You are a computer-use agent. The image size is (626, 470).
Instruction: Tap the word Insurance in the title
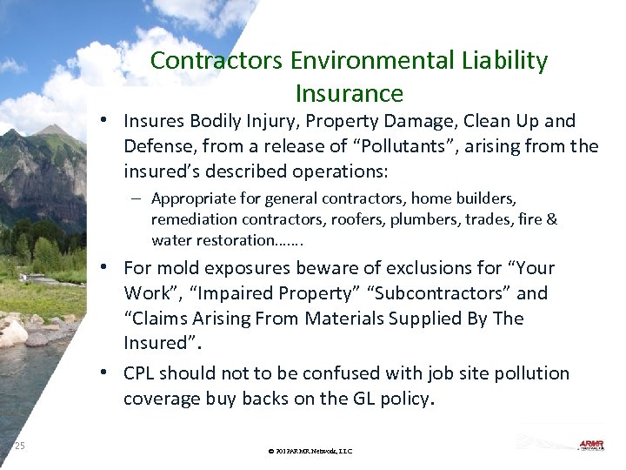(x=350, y=93)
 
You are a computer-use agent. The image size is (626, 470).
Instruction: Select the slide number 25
(x=19, y=446)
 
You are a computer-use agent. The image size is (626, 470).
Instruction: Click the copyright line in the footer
(x=310, y=451)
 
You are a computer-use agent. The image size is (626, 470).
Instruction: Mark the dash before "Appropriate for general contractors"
(x=140, y=198)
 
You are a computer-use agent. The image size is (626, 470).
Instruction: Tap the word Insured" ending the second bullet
(x=157, y=344)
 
